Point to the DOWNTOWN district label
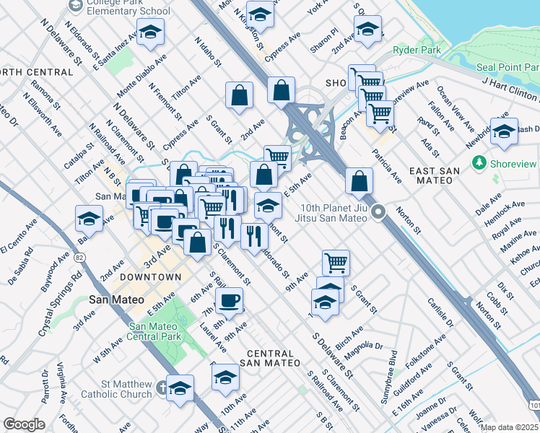150,277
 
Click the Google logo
24,424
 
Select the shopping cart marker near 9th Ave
336,262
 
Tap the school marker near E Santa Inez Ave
150,32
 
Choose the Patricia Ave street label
386,165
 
